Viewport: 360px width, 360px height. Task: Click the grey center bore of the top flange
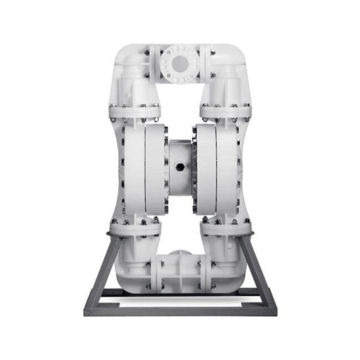tap(180, 63)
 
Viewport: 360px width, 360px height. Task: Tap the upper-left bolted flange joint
tap(134, 111)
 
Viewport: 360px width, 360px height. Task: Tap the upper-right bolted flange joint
tap(226, 111)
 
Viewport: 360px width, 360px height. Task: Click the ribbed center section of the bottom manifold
tap(180, 274)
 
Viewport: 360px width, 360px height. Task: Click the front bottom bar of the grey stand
tap(180, 311)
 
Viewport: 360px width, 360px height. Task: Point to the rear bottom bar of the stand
tap(180, 292)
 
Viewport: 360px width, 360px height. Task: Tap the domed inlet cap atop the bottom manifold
tap(180, 255)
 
